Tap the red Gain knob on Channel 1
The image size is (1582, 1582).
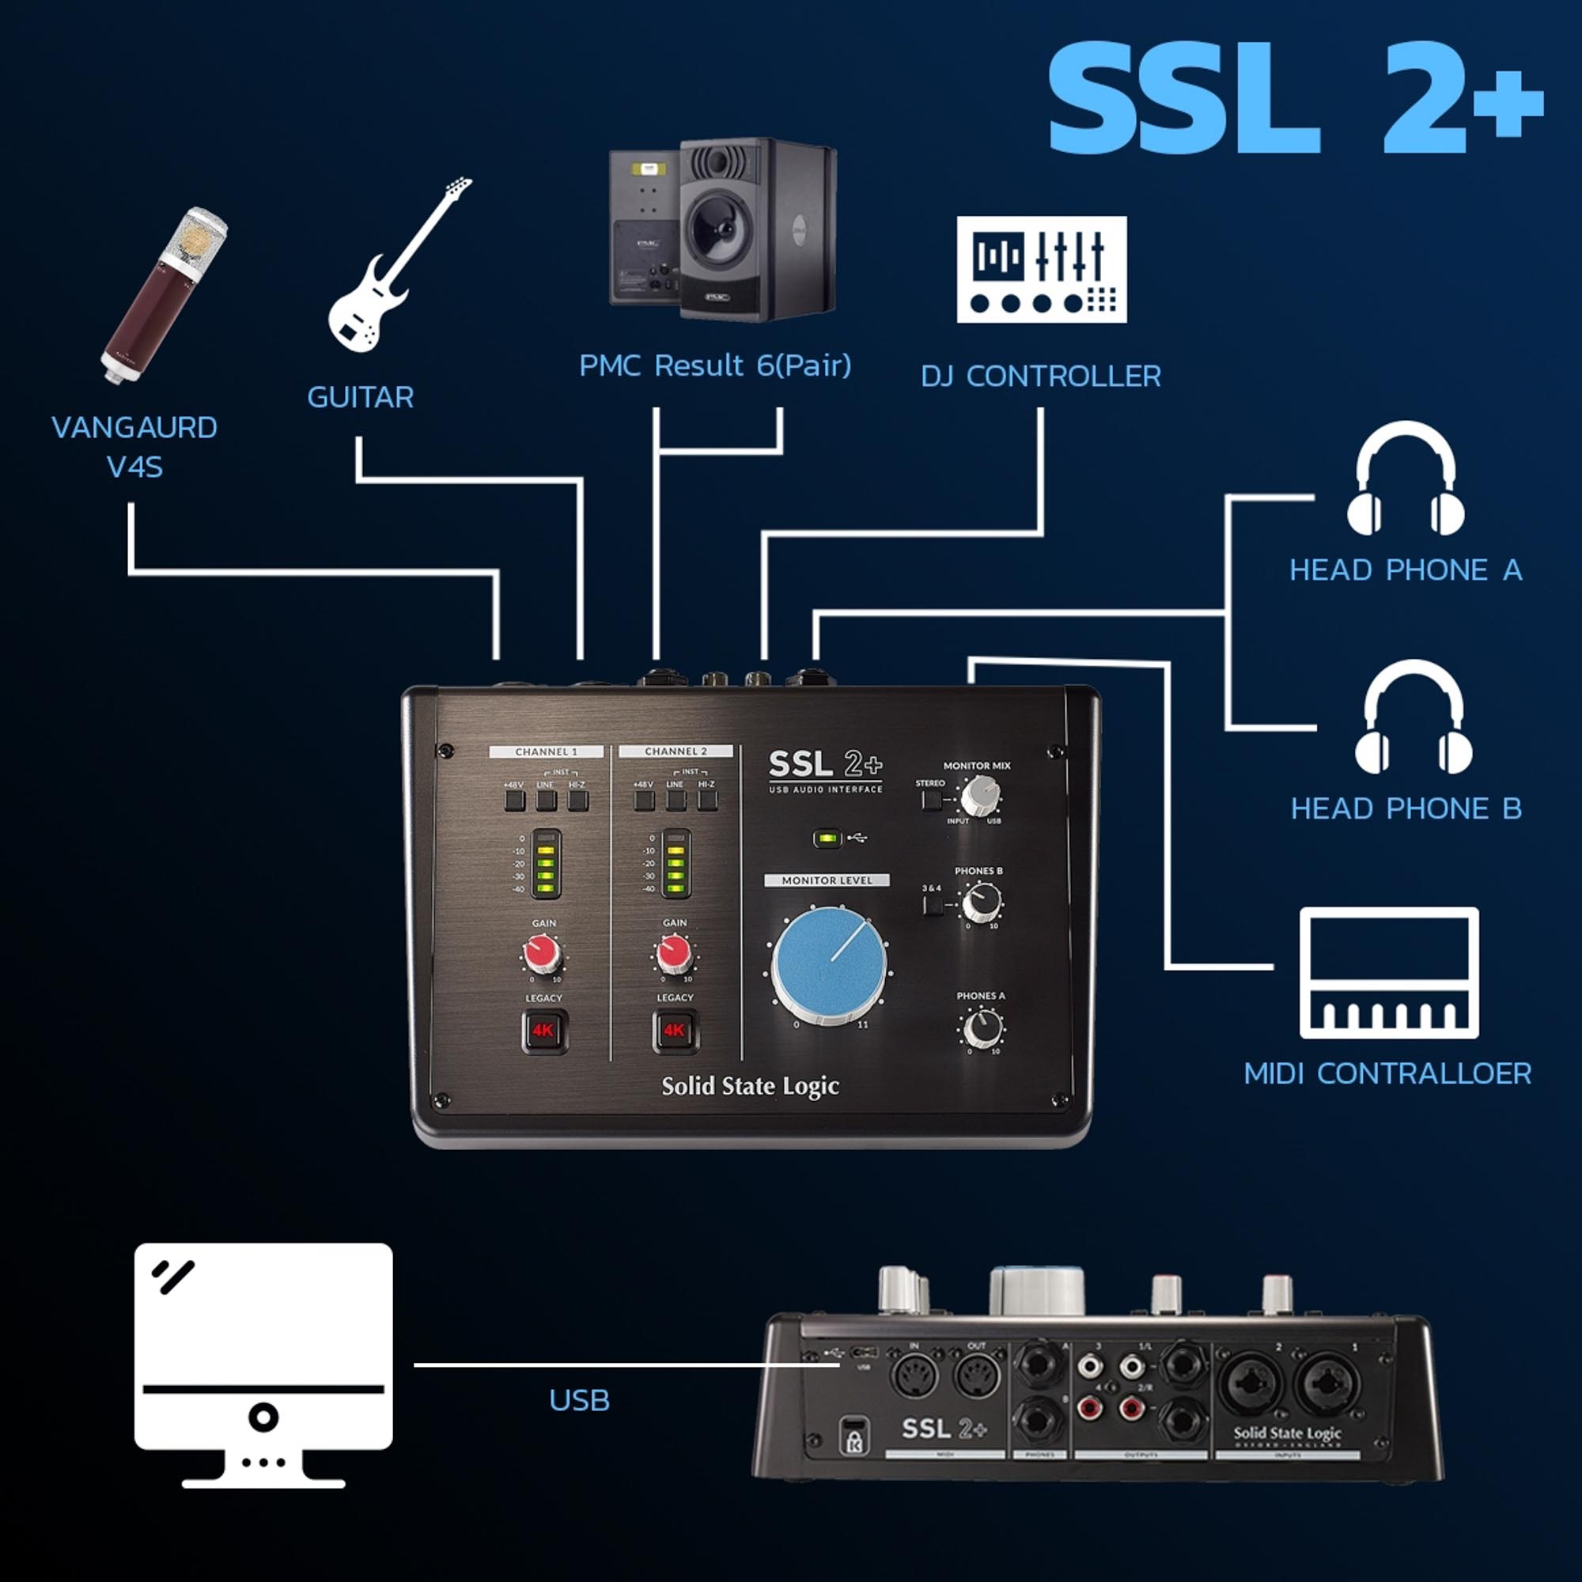pos(541,953)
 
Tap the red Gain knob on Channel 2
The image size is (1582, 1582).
pos(673,952)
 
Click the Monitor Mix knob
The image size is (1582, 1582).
pos(979,794)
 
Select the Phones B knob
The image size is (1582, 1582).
pos(980,903)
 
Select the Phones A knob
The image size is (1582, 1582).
pos(982,1028)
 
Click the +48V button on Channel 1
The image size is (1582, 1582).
pos(514,800)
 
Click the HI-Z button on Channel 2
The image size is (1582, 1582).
pos(707,800)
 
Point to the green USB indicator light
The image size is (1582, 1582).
pos(828,838)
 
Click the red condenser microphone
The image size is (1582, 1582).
pos(164,295)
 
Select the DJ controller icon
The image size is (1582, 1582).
pos(1042,270)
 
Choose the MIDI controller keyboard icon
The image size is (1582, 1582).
pos(1389,973)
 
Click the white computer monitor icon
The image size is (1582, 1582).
pos(263,1364)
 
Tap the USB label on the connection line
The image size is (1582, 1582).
pos(579,1401)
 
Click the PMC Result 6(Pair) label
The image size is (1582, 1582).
pos(715,365)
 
